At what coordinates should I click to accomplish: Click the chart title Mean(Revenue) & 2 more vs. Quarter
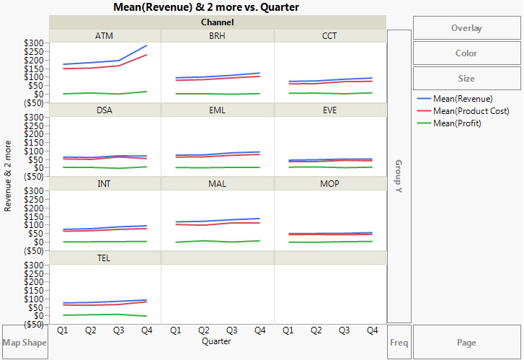[x=206, y=7]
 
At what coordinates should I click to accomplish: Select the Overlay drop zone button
[x=466, y=28]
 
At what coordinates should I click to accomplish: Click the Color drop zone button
[x=466, y=53]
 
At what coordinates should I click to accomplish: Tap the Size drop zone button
[x=466, y=79]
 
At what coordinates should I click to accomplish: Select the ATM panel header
[x=105, y=36]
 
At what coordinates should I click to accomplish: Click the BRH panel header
[x=217, y=36]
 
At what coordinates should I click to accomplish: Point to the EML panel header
[x=217, y=110]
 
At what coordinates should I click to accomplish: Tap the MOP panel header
[x=329, y=184]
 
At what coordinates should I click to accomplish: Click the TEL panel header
[x=105, y=258]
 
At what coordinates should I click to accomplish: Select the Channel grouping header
[x=217, y=22]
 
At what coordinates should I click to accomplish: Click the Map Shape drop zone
[x=25, y=342]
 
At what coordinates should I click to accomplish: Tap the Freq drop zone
[x=399, y=342]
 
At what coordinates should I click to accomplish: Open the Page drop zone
[x=466, y=342]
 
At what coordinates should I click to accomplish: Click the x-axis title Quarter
[x=217, y=341]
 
